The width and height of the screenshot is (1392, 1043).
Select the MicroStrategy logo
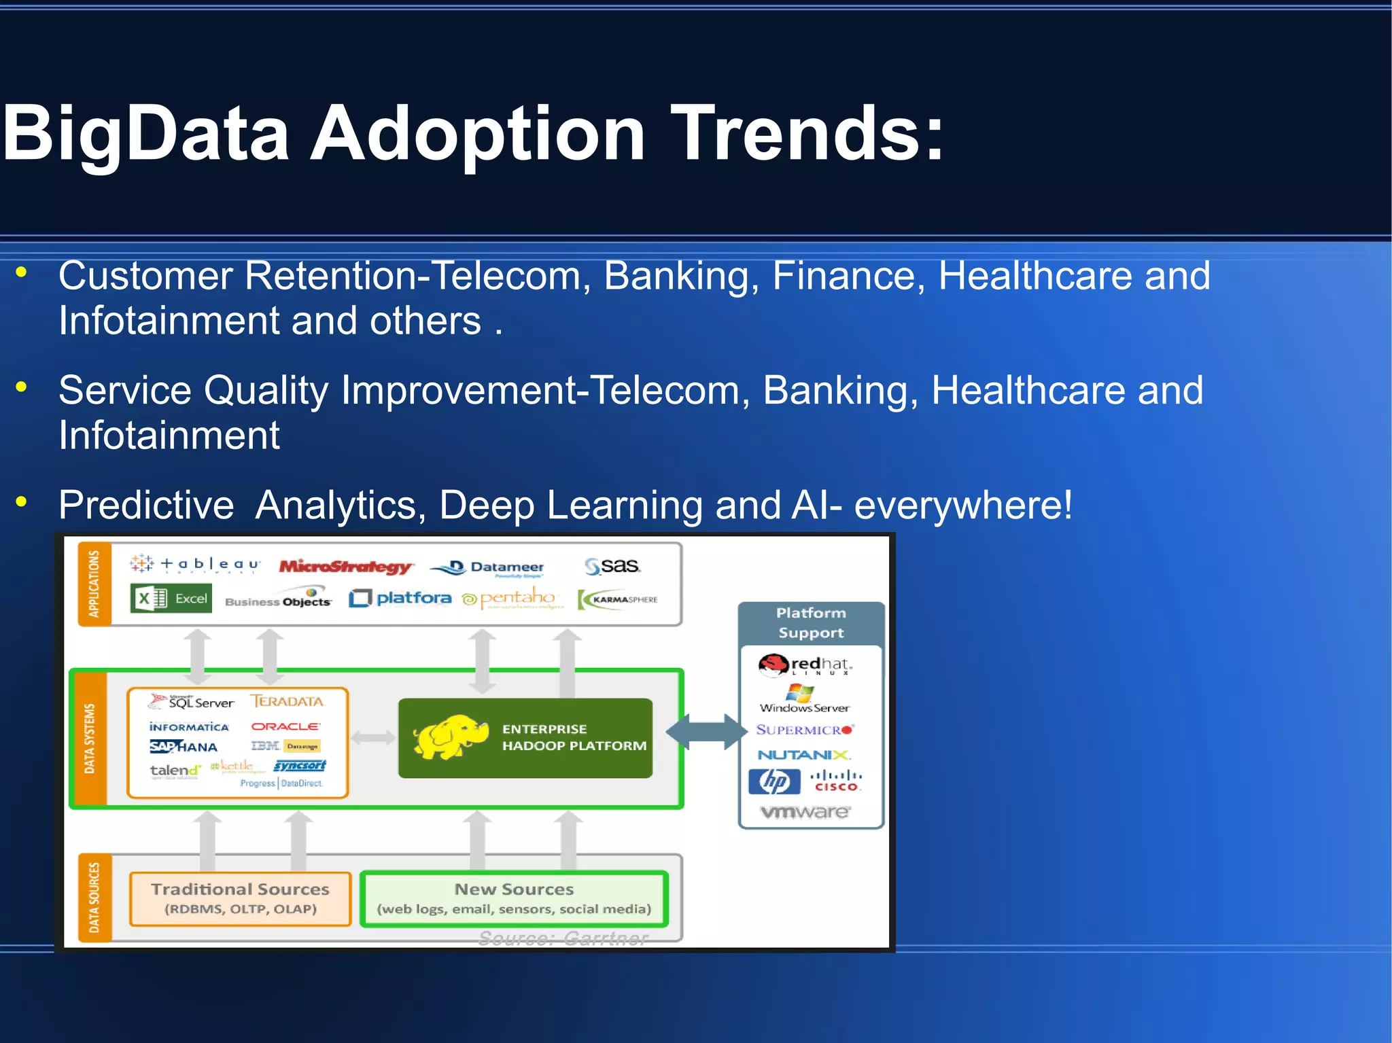345,566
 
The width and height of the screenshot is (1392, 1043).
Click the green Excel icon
171,599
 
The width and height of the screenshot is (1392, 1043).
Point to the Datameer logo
488,567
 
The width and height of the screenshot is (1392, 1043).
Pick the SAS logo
612,565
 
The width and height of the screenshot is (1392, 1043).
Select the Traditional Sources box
240,898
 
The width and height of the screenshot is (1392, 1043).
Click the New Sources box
514,898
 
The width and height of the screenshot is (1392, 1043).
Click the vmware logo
805,811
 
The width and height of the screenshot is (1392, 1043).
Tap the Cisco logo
836,781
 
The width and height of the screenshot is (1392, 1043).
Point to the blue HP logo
774,781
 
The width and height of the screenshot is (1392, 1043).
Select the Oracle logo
285,726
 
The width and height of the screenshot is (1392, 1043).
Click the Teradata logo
288,701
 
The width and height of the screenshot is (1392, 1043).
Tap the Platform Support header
811,622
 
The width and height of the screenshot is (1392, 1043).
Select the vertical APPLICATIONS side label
94,584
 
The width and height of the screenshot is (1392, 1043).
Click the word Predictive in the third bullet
146,505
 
